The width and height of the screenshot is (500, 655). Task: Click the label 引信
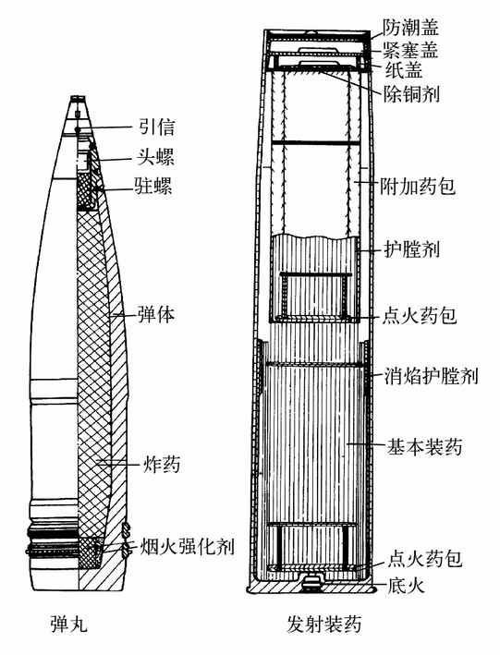(156, 127)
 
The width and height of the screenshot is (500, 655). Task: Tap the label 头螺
(155, 157)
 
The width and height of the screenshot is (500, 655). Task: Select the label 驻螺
(153, 186)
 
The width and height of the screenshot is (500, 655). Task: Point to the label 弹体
(156, 314)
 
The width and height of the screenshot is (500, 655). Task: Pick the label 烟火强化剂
(186, 546)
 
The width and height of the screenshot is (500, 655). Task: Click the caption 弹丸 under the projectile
(69, 625)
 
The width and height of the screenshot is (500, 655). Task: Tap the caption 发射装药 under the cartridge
(324, 625)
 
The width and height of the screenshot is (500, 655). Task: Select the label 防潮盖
(410, 29)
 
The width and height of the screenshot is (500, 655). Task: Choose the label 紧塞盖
(410, 49)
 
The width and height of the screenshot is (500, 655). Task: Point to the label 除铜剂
(411, 94)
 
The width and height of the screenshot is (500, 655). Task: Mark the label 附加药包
(418, 186)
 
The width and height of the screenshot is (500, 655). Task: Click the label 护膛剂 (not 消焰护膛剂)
(411, 250)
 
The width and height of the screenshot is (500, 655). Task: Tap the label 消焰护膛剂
(431, 376)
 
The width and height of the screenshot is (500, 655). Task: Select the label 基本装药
(424, 447)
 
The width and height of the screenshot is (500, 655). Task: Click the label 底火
(406, 586)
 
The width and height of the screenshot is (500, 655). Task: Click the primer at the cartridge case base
(311, 583)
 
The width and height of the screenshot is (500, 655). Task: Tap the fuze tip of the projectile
(79, 99)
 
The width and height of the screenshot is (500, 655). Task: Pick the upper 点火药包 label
(419, 315)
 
